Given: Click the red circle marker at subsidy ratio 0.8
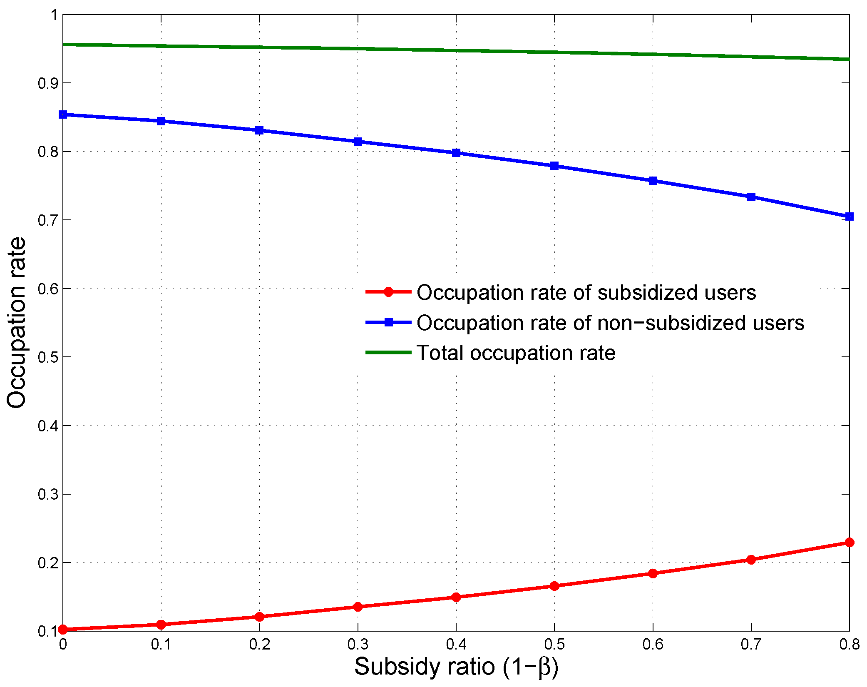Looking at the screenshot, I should tap(849, 542).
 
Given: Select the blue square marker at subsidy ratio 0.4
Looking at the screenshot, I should tap(456, 153).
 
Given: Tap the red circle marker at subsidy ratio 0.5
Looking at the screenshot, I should tap(554, 586).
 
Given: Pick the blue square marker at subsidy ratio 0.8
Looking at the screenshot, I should tap(849, 217).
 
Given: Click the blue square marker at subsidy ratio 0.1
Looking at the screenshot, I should tap(161, 121).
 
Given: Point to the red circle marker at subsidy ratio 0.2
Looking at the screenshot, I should tap(259, 617).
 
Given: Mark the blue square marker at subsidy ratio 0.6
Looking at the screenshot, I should tap(653, 181).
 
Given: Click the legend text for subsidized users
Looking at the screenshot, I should tap(586, 292).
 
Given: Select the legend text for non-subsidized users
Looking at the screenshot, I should tap(610, 323).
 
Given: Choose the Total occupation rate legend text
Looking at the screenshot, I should tap(516, 353).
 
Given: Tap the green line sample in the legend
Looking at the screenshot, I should tap(388, 352).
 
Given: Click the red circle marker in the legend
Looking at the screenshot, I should tap(388, 292).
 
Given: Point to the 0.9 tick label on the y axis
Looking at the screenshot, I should tap(47, 83).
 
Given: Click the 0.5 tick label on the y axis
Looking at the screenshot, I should tap(47, 357).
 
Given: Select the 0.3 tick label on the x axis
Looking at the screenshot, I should tap(358, 645).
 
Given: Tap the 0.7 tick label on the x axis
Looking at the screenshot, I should tap(751, 645).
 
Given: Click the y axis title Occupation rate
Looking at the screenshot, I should tap(17, 323).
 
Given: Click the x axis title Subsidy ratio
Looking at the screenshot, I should tap(456, 667).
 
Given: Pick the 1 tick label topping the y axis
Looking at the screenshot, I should tap(54, 15).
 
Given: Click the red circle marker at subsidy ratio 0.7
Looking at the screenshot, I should tap(751, 560).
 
